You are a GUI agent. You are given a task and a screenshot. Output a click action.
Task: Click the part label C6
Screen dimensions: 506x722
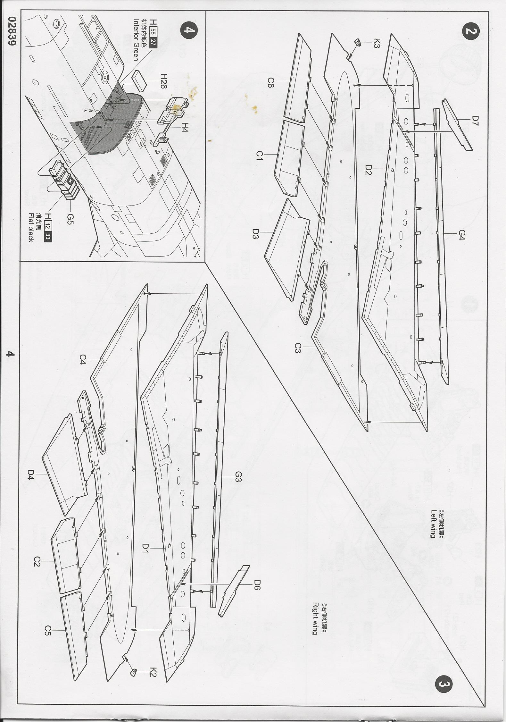(x=270, y=84)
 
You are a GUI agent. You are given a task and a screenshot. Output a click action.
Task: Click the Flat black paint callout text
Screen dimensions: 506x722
(x=31, y=227)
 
